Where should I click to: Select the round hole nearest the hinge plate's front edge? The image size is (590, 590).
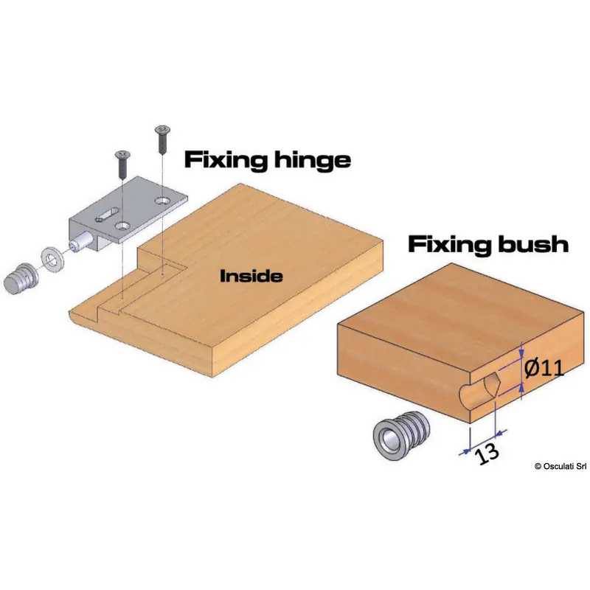[123, 227]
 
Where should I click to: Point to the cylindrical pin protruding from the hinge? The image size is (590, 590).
[79, 244]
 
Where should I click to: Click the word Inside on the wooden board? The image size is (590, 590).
[251, 277]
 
